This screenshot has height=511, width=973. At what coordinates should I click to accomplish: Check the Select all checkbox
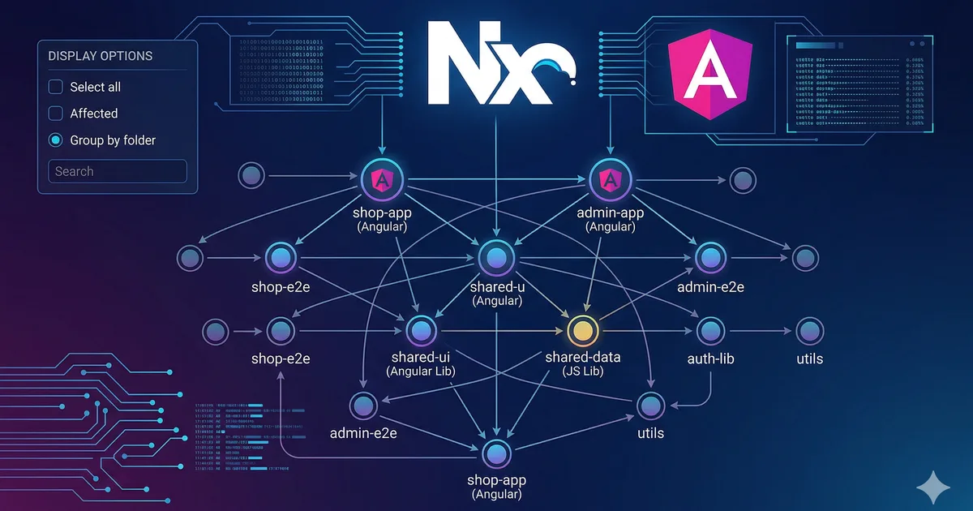coord(55,87)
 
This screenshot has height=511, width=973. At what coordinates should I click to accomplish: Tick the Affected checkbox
coord(55,114)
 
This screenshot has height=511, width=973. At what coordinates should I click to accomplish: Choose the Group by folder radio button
coord(55,140)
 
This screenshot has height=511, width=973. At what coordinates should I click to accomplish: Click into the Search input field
coord(118,171)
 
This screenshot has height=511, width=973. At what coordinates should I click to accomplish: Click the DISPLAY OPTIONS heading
coord(100,56)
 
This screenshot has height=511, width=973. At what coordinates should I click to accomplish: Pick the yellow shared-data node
coord(581,330)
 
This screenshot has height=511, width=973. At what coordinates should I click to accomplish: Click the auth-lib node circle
coord(710,331)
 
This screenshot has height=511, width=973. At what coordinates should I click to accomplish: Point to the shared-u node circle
coord(495,258)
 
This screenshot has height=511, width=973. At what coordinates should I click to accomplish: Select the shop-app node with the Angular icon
coord(378,178)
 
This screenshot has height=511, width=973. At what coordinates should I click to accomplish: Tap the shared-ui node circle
coord(420,330)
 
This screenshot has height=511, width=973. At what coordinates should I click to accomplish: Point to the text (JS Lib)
coord(582,372)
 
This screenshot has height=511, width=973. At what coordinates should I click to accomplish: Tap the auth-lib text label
coord(709,358)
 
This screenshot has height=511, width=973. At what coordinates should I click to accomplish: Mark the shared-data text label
coord(582,358)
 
